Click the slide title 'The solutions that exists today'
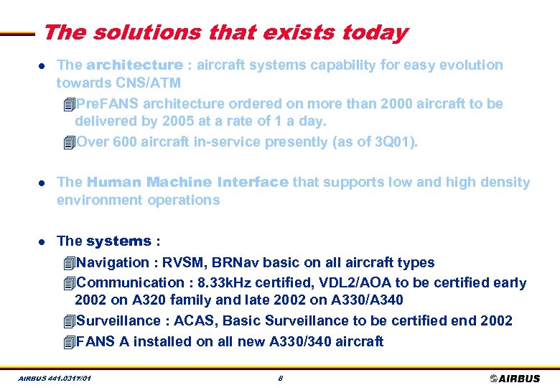225,33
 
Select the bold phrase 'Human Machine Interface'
187,183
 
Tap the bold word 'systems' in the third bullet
118,241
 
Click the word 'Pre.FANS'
103,103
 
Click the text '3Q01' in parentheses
391,142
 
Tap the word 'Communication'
130,282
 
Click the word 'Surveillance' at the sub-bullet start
116,320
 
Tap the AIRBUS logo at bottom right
515,378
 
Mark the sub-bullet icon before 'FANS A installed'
68,342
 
